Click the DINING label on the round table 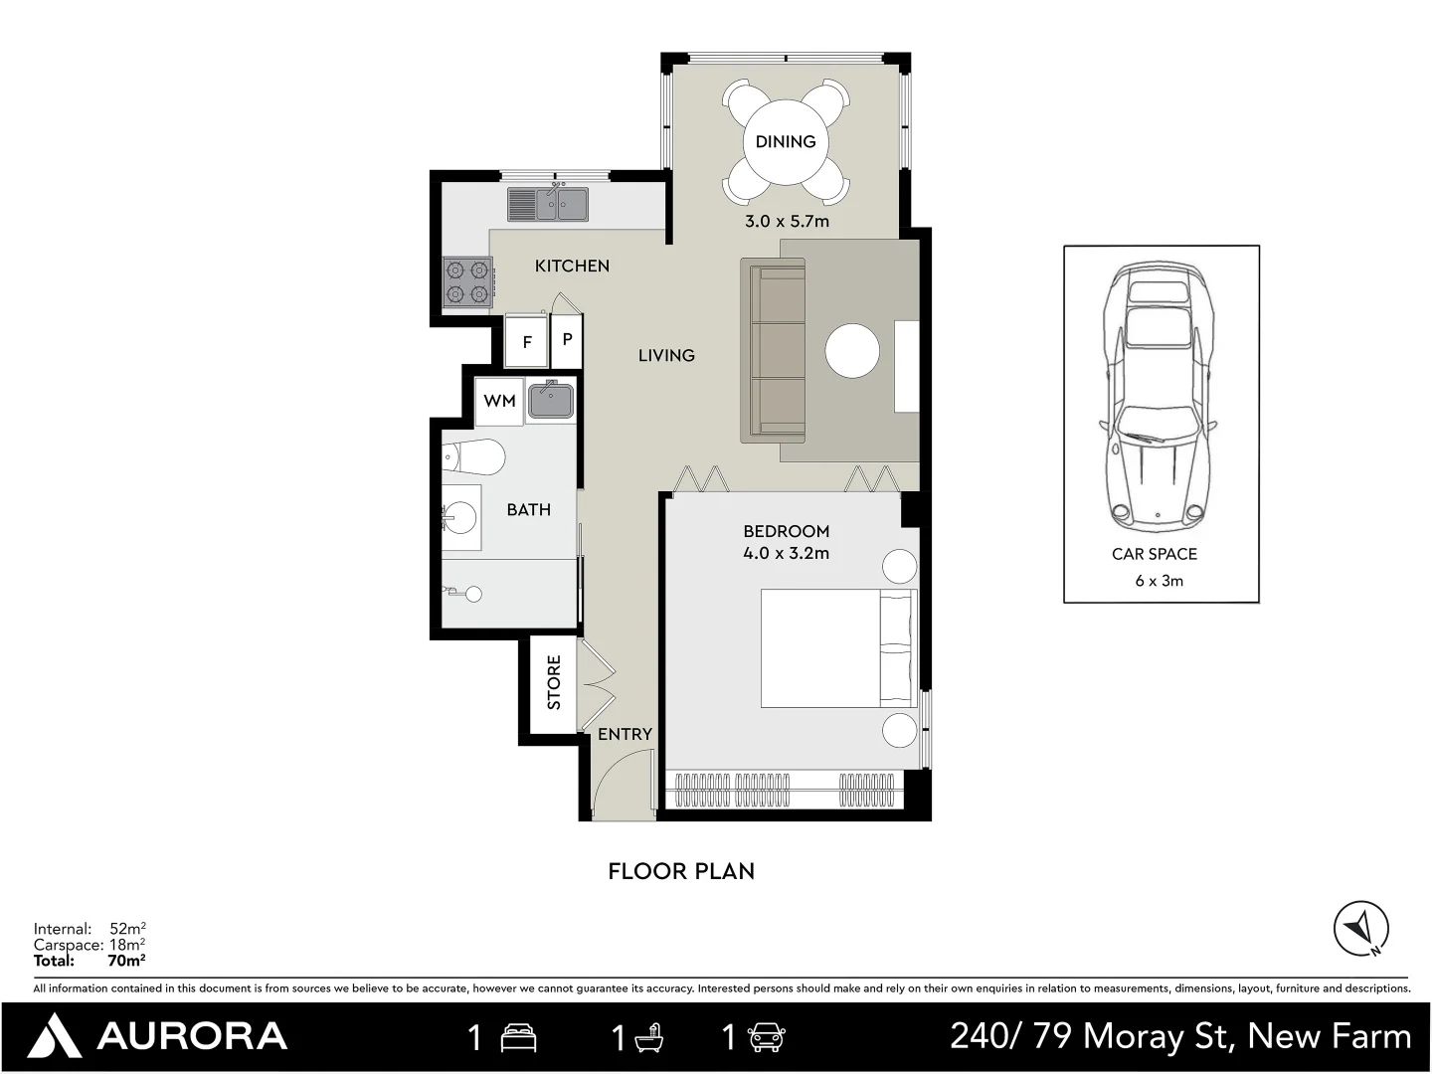tap(785, 141)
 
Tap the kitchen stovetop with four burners tap(467, 280)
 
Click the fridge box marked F tap(526, 341)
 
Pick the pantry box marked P tap(567, 339)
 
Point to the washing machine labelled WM tap(499, 401)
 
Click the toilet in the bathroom tap(475, 457)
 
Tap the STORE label tap(554, 682)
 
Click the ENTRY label tap(625, 734)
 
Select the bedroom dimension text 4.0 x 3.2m tap(786, 553)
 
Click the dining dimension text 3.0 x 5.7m tap(787, 221)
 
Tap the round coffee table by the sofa tap(852, 351)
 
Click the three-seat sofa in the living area tap(774, 350)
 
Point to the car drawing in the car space tap(1159, 398)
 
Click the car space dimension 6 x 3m tap(1159, 581)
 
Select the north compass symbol tap(1360, 929)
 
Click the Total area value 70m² tap(126, 961)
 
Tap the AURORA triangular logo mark tap(55, 1036)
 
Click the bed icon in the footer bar tap(518, 1037)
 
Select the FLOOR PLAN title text tap(681, 871)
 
